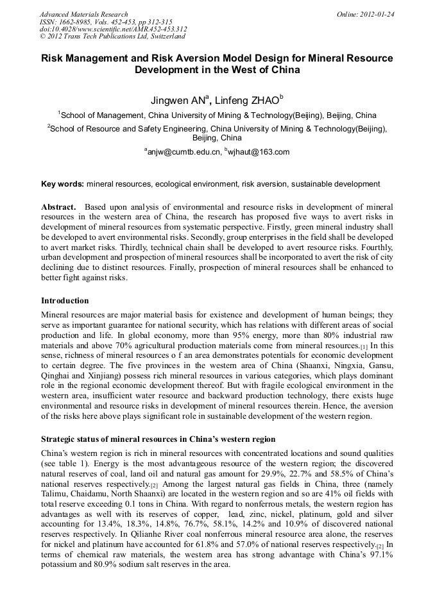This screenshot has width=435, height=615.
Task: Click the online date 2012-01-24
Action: pos(378,14)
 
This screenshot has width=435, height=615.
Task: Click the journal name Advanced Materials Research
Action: pos(83,14)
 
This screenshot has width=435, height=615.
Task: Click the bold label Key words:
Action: pos(62,184)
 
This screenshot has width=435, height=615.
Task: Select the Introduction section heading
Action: pos(65,300)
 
